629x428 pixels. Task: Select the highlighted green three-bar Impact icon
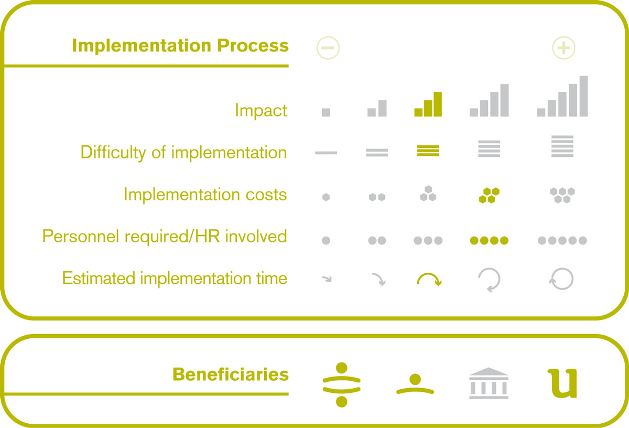[x=428, y=104]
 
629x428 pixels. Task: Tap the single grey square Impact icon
[x=326, y=112]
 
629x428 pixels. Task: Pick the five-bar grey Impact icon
[x=562, y=96]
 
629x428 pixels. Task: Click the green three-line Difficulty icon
[x=428, y=151]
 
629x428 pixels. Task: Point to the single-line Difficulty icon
[x=326, y=153]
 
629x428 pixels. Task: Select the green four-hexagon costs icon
[x=489, y=195]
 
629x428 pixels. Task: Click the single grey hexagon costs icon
[x=326, y=197]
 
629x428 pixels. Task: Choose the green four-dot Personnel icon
[x=489, y=241]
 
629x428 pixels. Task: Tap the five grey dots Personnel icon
[x=562, y=241]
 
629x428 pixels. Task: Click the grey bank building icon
[x=489, y=383]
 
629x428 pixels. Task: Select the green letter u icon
[x=562, y=384]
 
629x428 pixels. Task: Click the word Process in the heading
[x=253, y=46]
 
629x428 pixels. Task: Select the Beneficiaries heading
[x=231, y=374]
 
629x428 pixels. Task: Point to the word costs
[x=266, y=195]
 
